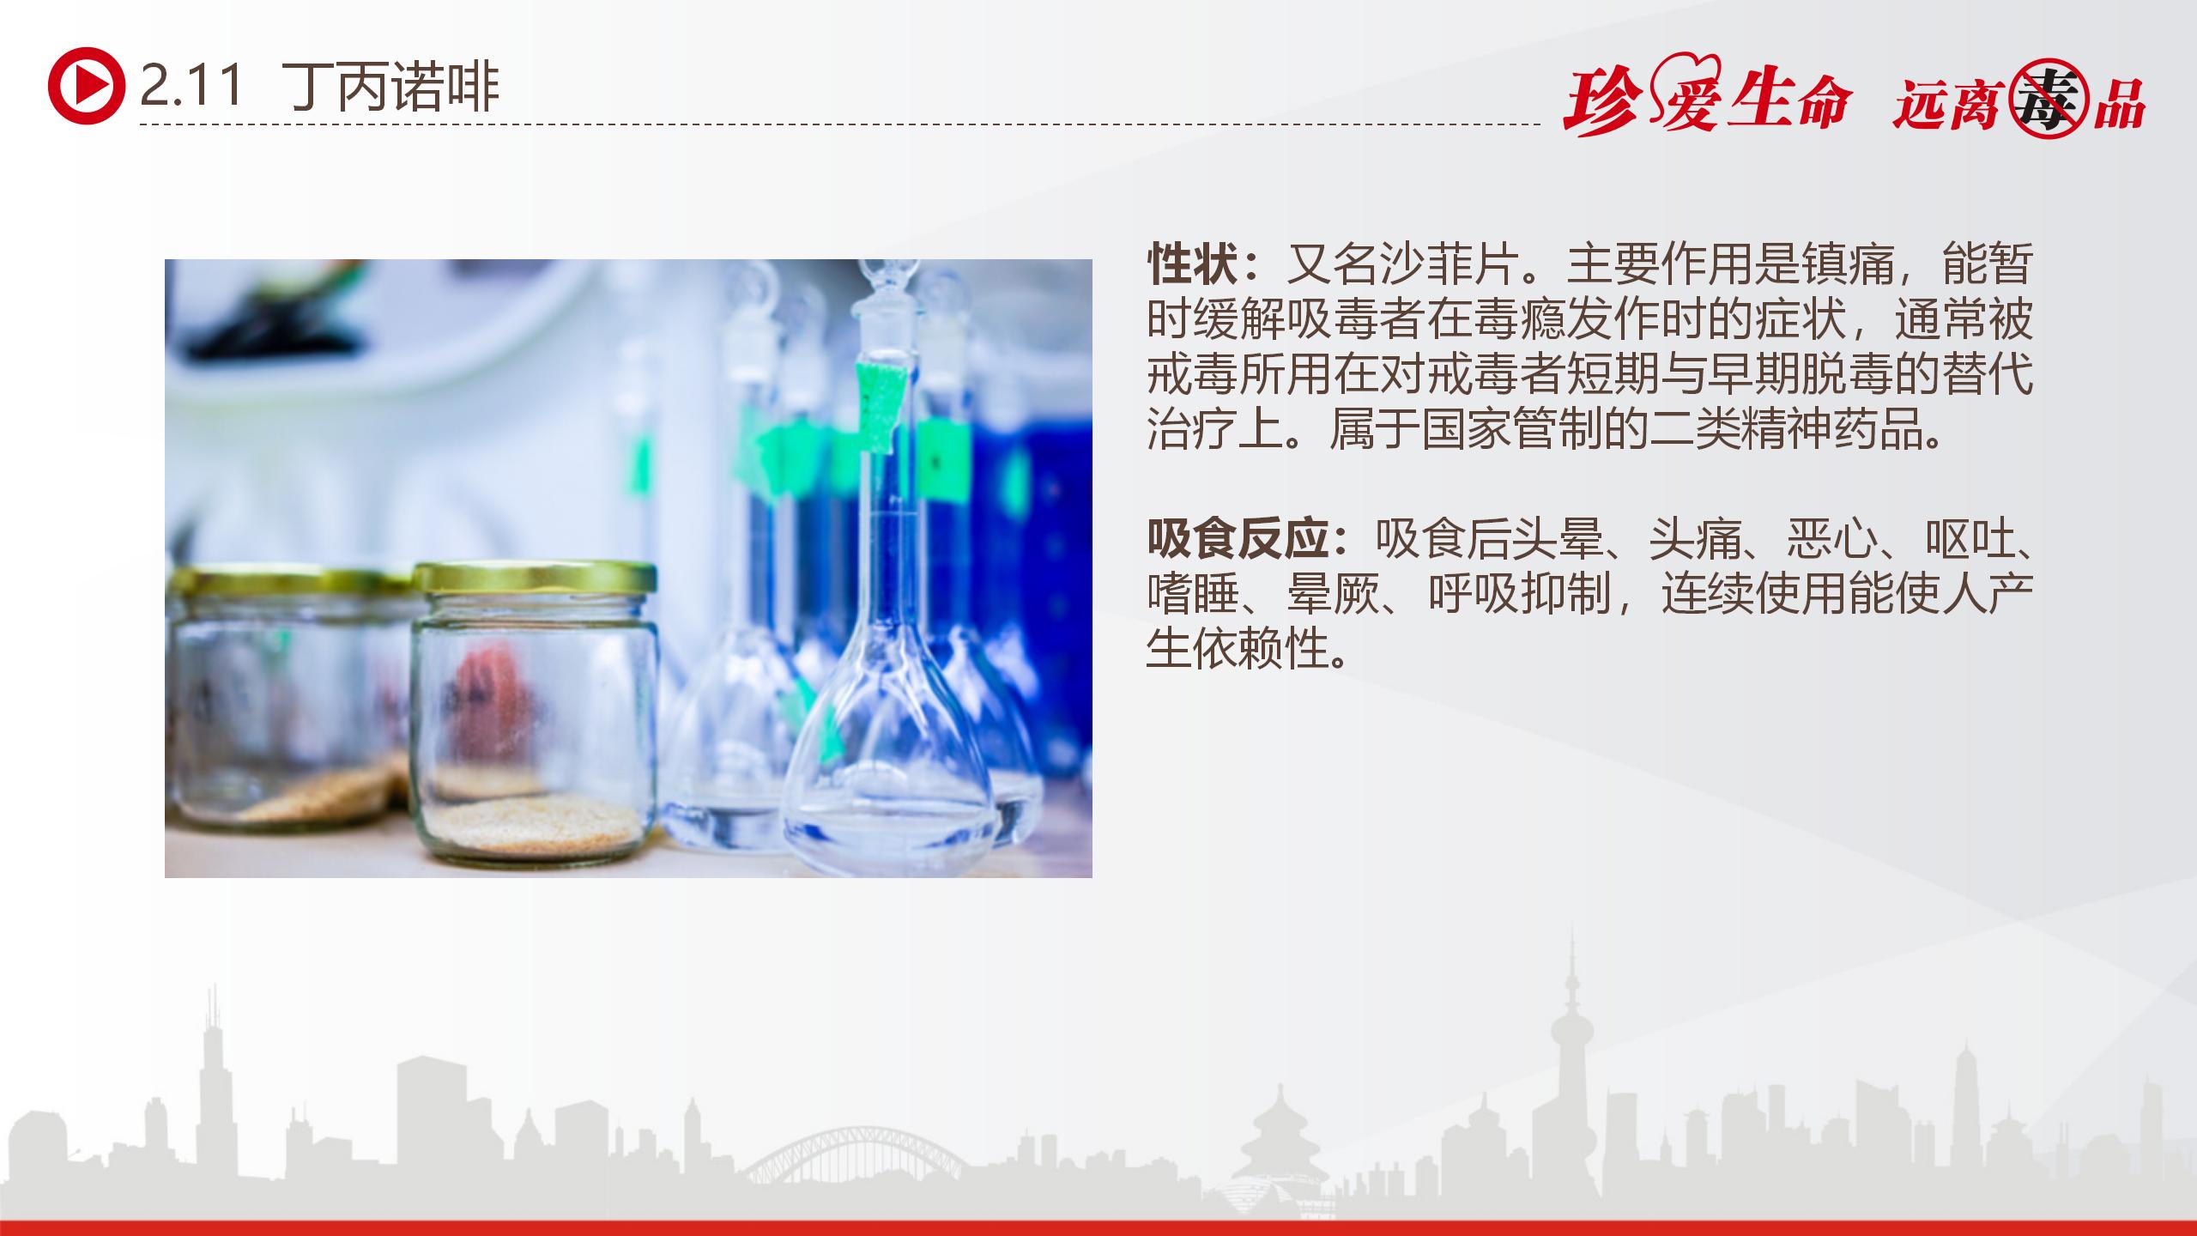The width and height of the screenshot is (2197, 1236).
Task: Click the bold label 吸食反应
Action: (x=1239, y=540)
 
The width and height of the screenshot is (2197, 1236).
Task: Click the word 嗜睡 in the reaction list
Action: (x=1193, y=594)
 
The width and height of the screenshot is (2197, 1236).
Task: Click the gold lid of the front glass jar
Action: (x=535, y=579)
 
